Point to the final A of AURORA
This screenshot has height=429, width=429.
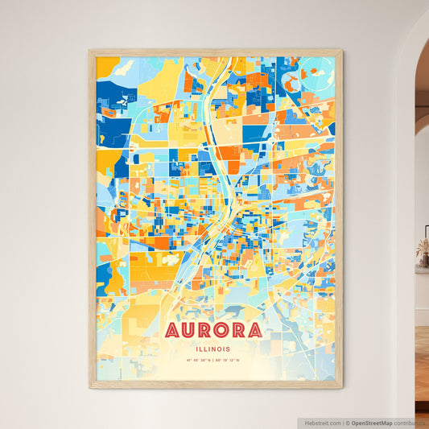tap(254, 331)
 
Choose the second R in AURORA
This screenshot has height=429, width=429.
tap(239, 331)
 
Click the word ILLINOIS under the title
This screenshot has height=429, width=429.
tap(214, 349)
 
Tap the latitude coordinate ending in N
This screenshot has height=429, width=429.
tap(198, 361)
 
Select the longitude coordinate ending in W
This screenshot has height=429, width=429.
tap(230, 361)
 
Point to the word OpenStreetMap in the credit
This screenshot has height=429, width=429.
tap(371, 423)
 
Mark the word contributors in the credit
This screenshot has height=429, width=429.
tap(410, 423)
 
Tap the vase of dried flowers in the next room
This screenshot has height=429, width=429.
tap(423, 254)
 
